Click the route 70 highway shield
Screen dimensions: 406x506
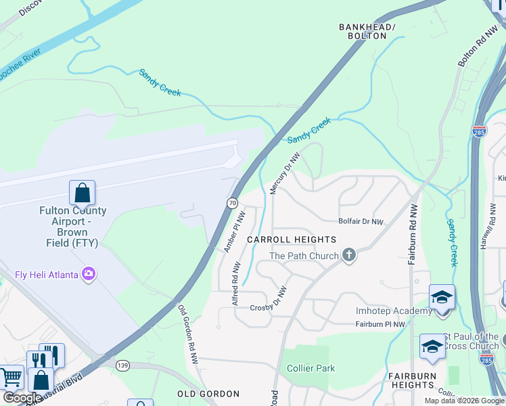pyautogui.click(x=232, y=202)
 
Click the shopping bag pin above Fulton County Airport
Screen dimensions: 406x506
pyautogui.click(x=82, y=193)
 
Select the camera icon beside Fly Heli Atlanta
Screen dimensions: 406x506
pyautogui.click(x=89, y=274)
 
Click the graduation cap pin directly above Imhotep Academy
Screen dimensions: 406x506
pyautogui.click(x=442, y=297)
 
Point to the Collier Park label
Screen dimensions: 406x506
pyautogui.click(x=310, y=368)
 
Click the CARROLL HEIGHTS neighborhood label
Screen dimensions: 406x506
pyautogui.click(x=291, y=240)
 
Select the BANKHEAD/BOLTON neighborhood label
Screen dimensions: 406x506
pyautogui.click(x=367, y=31)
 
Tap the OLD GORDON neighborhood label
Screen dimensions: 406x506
pyautogui.click(x=208, y=394)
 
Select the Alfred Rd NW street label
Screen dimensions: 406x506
pyautogui.click(x=235, y=285)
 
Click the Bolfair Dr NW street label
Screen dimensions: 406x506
pyautogui.click(x=361, y=221)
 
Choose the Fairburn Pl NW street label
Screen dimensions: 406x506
pyautogui.click(x=380, y=325)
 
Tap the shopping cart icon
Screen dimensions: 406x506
pyautogui.click(x=11, y=377)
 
